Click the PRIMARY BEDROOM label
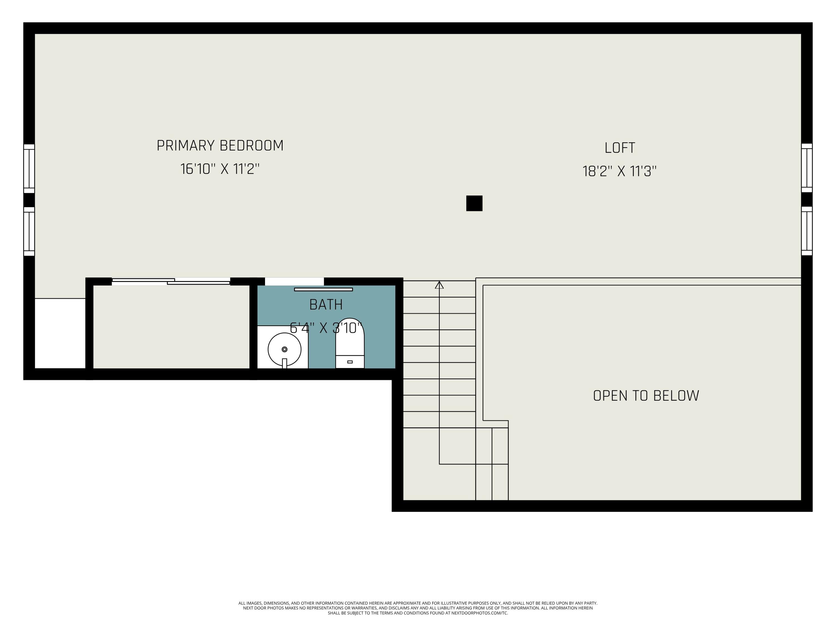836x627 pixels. tap(220, 145)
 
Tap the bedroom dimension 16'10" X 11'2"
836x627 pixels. tap(220, 169)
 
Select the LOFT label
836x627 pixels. tap(620, 148)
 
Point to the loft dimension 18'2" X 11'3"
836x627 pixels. tap(620, 171)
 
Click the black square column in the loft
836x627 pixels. tap(474, 203)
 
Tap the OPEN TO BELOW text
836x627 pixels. tap(646, 396)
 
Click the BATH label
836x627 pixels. tap(326, 305)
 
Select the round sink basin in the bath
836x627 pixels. tap(284, 349)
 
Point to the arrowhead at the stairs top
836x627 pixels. tap(439, 285)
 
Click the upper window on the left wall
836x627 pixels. tap(29, 169)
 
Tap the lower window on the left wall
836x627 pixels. tap(29, 231)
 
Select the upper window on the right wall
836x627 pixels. tap(806, 168)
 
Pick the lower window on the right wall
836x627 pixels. tap(806, 231)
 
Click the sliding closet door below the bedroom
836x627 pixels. tap(171, 281)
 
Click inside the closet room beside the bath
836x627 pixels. tap(171, 327)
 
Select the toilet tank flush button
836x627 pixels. tap(350, 362)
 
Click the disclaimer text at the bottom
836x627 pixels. tap(418, 608)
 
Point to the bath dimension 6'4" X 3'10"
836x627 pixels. tap(326, 328)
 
